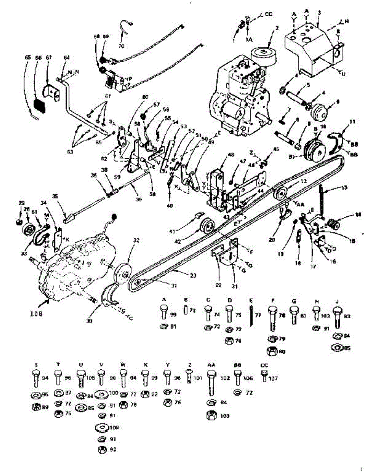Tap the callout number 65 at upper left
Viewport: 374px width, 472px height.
tap(28, 57)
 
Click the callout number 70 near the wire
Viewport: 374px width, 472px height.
tap(121, 46)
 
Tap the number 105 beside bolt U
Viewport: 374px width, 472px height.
tap(91, 378)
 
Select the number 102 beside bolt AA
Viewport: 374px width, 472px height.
tap(225, 379)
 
